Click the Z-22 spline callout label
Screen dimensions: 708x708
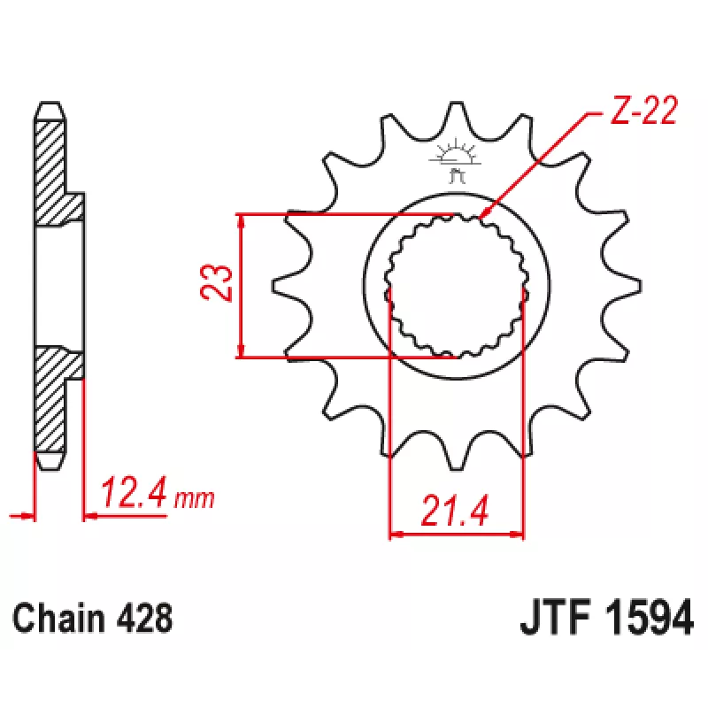point(643,110)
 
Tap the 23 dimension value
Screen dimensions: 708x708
point(216,283)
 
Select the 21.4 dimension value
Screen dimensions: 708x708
point(455,512)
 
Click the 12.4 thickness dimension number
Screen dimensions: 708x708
point(135,492)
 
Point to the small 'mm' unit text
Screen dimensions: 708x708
point(194,499)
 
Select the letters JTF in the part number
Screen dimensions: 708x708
point(556,617)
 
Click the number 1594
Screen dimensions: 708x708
point(649,617)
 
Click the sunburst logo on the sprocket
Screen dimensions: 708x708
point(456,160)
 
